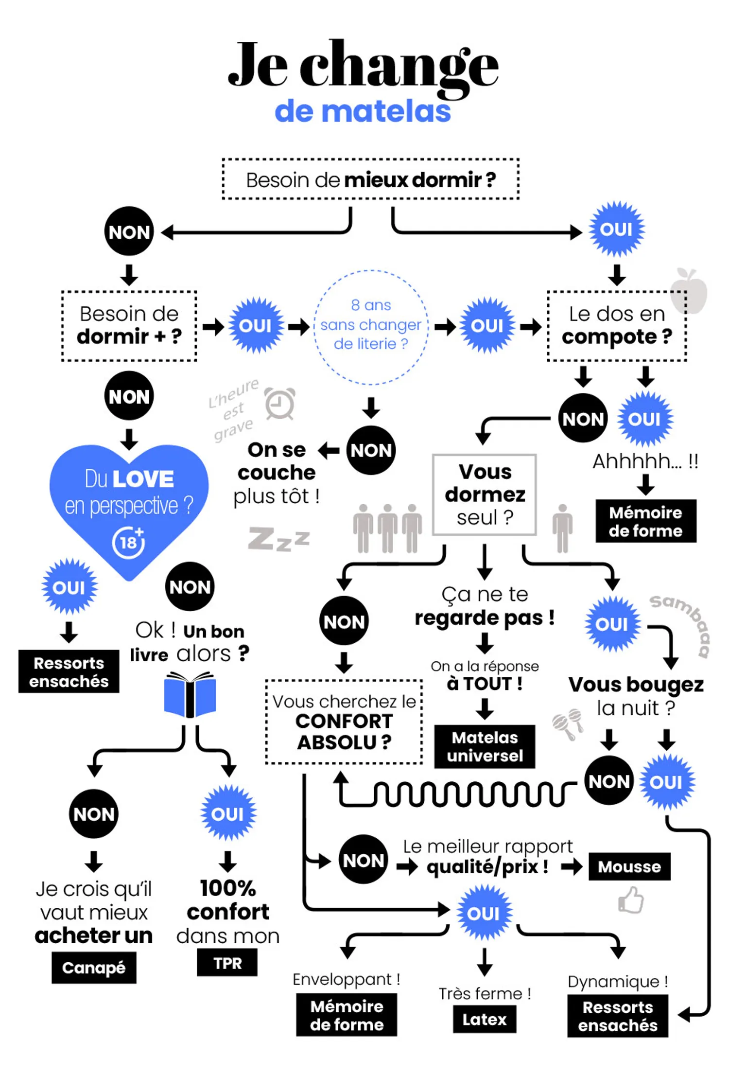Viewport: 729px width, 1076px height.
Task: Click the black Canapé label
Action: pos(94,967)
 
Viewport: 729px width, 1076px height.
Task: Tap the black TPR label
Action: pos(227,963)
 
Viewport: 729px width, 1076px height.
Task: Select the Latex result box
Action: pos(484,1019)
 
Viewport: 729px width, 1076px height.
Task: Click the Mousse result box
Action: pos(629,866)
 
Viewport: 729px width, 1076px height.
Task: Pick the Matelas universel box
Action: pos(485,746)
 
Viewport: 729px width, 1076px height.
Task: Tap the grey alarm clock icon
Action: pos(280,403)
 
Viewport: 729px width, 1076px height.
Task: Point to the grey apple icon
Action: pos(689,290)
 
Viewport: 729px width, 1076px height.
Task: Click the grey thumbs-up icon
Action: pos(631,900)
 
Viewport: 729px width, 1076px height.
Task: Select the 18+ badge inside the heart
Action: pos(129,542)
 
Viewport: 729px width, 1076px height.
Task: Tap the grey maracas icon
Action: pos(568,723)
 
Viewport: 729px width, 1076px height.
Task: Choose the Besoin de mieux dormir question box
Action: pos(371,179)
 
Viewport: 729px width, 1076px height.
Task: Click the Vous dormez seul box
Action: pos(485,494)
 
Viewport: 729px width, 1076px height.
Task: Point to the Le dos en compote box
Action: pos(617,326)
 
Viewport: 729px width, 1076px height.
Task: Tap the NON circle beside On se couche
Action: pos(371,450)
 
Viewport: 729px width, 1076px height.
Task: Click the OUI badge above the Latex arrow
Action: pos(484,913)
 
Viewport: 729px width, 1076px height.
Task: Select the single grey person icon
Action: pos(562,529)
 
